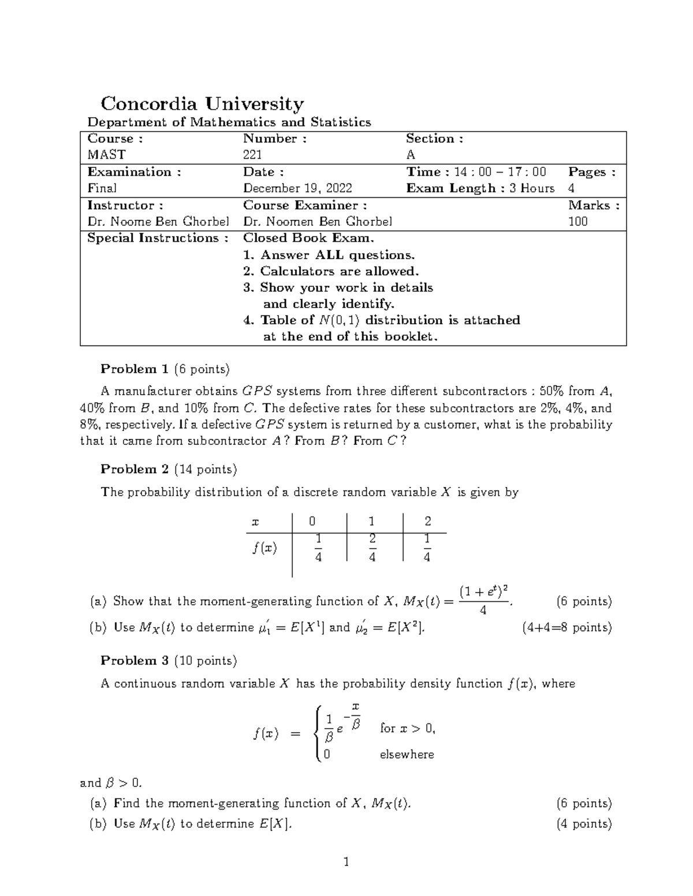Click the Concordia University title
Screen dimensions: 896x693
point(202,104)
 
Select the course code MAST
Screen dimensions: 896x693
point(106,155)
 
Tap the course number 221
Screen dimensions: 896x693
point(252,155)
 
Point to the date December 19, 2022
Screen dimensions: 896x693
point(297,188)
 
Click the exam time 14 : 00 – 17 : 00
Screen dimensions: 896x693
point(500,172)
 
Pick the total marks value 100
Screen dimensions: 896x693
point(577,222)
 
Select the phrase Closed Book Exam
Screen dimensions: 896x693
point(308,238)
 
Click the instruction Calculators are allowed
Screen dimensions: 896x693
point(339,271)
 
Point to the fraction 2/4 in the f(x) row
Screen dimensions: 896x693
point(372,548)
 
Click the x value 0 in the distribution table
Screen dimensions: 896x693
point(312,522)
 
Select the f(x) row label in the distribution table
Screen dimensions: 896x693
point(264,548)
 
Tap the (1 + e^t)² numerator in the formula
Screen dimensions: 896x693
point(483,592)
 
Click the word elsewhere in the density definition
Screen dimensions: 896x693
point(407,755)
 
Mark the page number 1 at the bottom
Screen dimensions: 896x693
point(346,863)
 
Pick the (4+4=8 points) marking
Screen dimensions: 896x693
point(567,628)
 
